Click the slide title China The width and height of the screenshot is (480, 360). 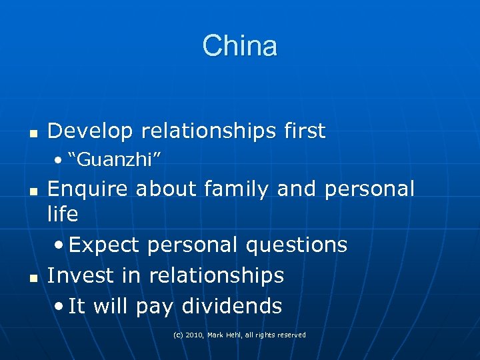pos(239,46)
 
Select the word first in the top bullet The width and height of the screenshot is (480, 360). pos(301,131)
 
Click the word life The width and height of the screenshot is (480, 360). pos(63,214)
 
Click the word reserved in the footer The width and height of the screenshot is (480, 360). pos(291,335)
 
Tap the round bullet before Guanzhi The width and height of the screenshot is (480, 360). pos(60,161)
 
